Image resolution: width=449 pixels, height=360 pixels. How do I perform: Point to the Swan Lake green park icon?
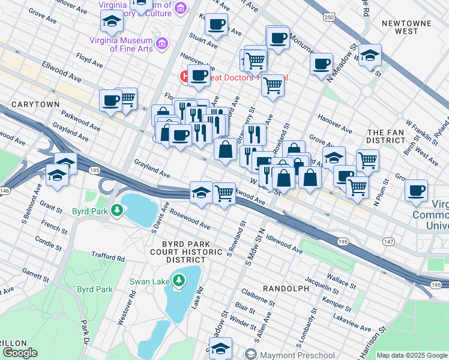179,280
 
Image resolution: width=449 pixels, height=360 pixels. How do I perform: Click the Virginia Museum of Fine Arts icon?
161,43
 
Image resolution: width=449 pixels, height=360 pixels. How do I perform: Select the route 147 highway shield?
388,241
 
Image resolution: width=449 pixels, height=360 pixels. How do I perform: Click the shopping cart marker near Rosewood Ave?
224,193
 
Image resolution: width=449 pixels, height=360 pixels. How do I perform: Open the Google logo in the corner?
20,353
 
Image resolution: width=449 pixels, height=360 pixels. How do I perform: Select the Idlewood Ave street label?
284,242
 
